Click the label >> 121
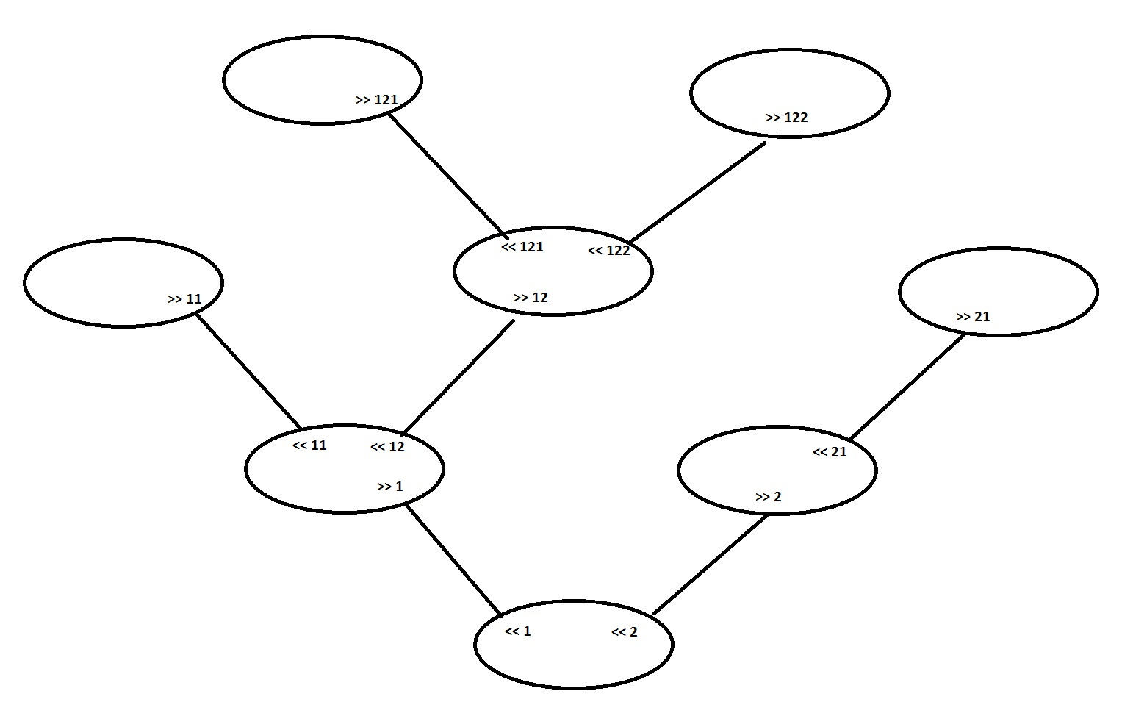coord(376,100)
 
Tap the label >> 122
coord(786,118)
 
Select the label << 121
coord(522,247)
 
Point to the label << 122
coord(609,251)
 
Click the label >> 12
coord(531,298)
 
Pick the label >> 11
coord(184,299)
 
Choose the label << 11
coord(309,445)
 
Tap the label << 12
coord(387,447)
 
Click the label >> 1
coord(390,487)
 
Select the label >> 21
coord(973,317)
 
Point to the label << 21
coord(830,452)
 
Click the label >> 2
coord(769,497)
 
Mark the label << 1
coord(518,631)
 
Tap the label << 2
coord(625,632)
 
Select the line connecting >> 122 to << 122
coord(698,191)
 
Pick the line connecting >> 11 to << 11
coord(248,371)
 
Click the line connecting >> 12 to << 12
coord(458,377)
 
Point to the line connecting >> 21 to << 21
coord(907,387)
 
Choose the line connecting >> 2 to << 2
coord(711,563)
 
